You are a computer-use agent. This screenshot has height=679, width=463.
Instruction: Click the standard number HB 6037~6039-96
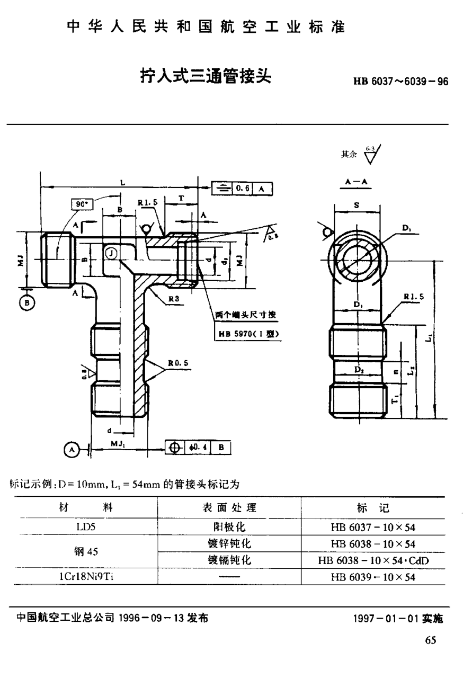click(400, 82)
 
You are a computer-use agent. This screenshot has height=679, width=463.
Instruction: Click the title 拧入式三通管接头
click(205, 76)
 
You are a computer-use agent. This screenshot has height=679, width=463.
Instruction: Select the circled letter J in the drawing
click(111, 254)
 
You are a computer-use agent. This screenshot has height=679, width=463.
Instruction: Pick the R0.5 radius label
click(179, 363)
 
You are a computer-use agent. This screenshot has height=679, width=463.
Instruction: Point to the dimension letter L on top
click(122, 182)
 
